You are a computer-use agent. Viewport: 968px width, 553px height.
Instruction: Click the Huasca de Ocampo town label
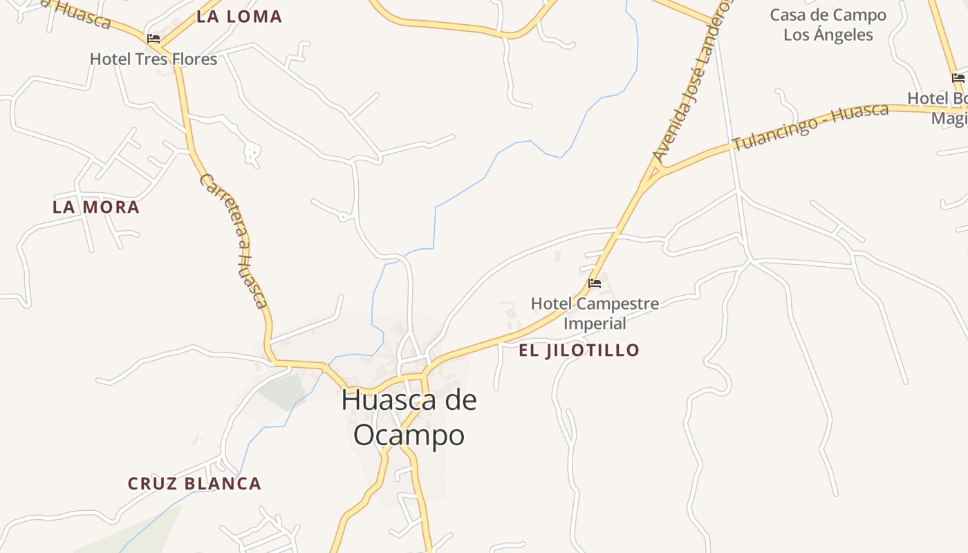point(409,418)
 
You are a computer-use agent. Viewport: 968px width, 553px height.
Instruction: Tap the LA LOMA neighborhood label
point(239,17)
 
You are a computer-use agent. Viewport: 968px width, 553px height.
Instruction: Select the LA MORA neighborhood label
point(96,207)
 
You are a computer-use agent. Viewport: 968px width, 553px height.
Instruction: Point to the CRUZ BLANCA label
point(194,484)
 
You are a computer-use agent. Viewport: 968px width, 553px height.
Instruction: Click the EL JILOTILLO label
point(579,350)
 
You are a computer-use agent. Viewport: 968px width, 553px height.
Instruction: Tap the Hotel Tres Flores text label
point(153,59)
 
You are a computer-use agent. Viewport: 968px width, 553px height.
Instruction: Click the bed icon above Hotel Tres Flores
point(153,39)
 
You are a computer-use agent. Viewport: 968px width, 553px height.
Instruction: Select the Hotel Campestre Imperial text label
point(595,313)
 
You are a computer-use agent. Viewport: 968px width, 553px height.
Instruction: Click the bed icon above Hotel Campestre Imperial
point(594,283)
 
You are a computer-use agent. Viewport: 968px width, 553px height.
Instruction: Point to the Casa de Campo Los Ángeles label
point(828,25)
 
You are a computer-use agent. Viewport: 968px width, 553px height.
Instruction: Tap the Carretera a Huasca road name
point(234,240)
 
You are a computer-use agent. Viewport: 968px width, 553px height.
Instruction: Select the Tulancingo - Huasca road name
point(810,127)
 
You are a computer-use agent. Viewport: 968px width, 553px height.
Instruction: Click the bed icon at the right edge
point(958,78)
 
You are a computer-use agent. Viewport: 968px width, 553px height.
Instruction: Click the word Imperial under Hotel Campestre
point(595,324)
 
